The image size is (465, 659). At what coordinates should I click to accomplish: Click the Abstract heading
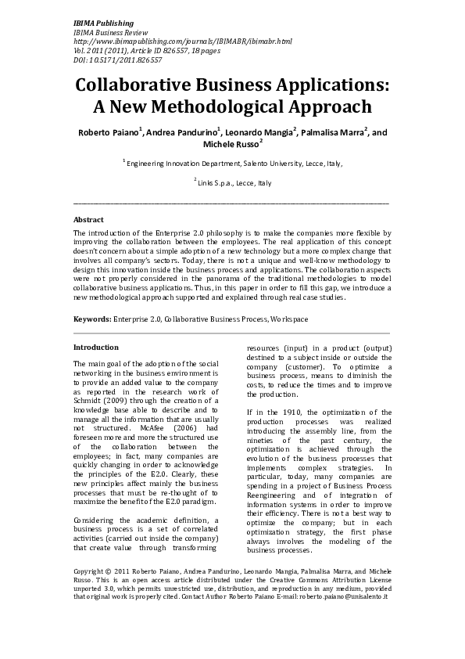(88, 219)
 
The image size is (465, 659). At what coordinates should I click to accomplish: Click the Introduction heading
(96, 347)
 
